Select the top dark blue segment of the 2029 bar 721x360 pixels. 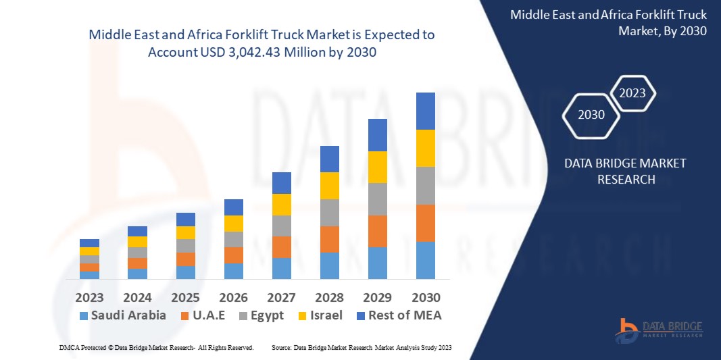[x=377, y=135]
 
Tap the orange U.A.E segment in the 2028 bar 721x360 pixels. [x=329, y=239]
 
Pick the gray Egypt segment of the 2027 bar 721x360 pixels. [x=281, y=226]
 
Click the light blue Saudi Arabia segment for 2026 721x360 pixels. [x=233, y=271]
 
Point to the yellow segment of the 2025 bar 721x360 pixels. [x=185, y=232]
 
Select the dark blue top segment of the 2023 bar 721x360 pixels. [x=89, y=243]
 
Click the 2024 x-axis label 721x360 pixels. [x=137, y=297]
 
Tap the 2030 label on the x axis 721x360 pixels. [x=425, y=297]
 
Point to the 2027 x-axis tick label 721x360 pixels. [x=281, y=297]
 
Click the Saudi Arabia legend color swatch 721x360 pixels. [x=84, y=315]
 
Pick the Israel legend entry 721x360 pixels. [x=326, y=315]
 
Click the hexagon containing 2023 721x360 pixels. [x=632, y=93]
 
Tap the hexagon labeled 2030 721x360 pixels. [x=591, y=114]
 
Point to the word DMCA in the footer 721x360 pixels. [x=68, y=347]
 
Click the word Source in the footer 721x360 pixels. [x=280, y=347]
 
